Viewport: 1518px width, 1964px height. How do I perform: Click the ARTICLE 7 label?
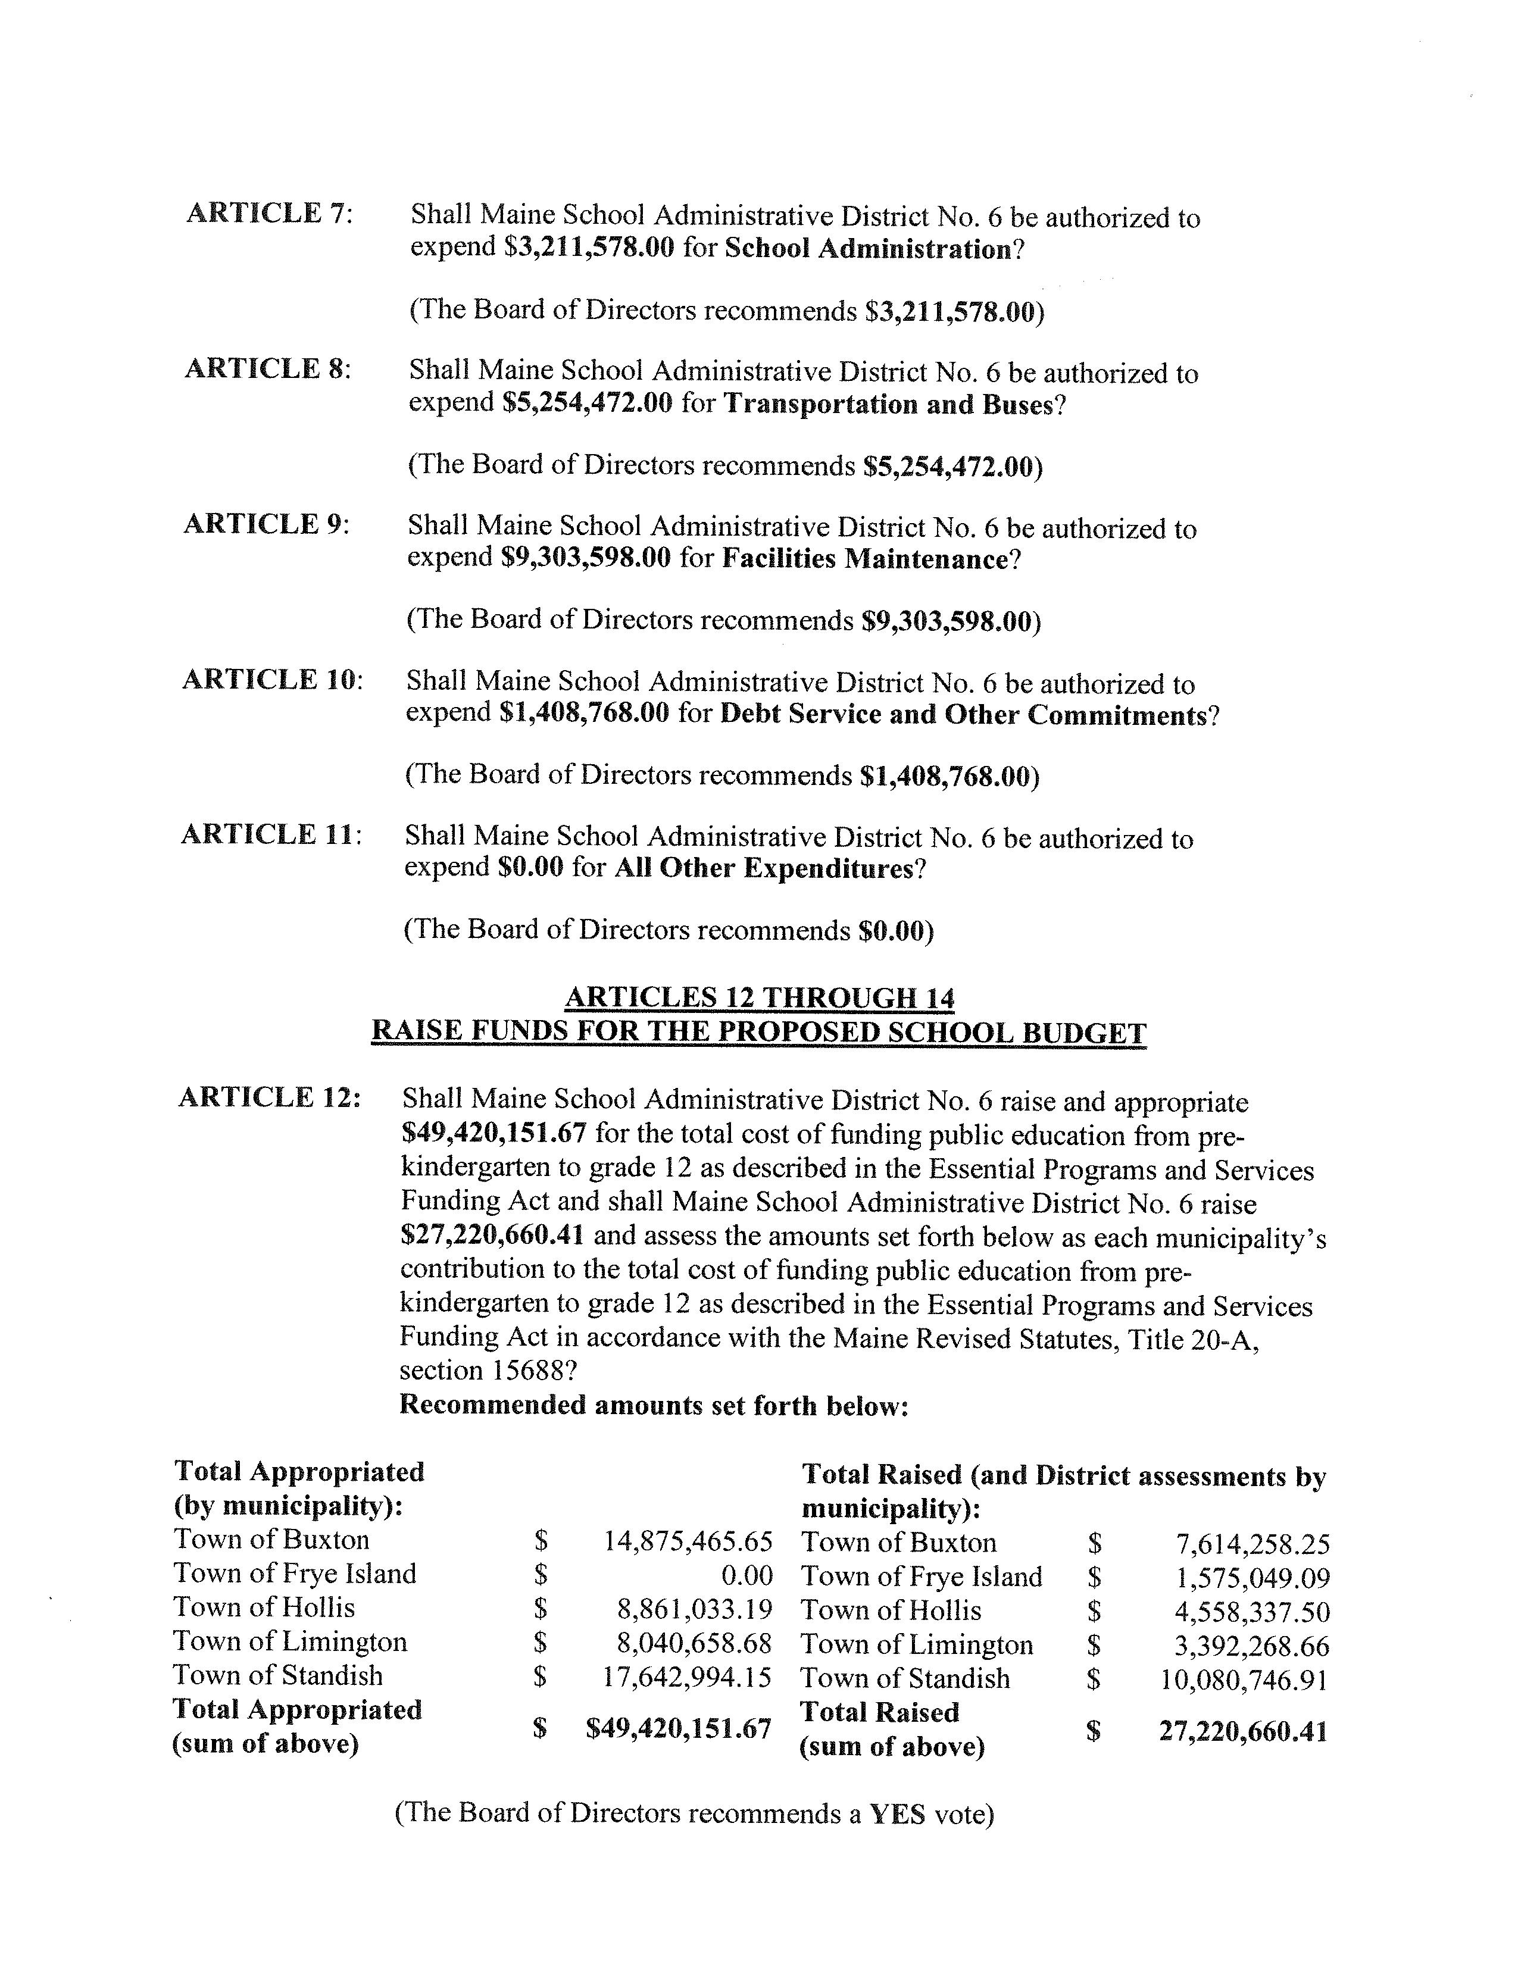click(x=269, y=214)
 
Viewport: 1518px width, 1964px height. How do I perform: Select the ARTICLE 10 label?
click(x=271, y=680)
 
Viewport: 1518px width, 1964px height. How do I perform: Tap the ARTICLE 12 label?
click(x=269, y=1098)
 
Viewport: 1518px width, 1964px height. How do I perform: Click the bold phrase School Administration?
click(x=868, y=249)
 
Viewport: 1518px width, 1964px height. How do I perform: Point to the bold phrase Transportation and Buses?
click(x=887, y=405)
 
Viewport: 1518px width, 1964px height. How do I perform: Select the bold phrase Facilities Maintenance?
click(x=863, y=559)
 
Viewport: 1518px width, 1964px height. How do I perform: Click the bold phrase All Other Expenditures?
click(x=764, y=869)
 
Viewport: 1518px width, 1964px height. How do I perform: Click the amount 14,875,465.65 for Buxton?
click(x=687, y=1541)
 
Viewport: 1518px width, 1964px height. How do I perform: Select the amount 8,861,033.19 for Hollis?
click(x=694, y=1610)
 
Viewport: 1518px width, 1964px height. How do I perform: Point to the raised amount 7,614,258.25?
click(x=1252, y=1545)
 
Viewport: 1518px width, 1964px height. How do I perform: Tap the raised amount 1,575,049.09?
click(x=1252, y=1579)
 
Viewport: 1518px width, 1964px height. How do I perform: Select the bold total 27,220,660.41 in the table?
click(x=1243, y=1732)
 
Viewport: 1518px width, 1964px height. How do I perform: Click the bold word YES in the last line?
click(x=897, y=1814)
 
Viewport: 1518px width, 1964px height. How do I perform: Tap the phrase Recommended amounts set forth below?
click(x=653, y=1405)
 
